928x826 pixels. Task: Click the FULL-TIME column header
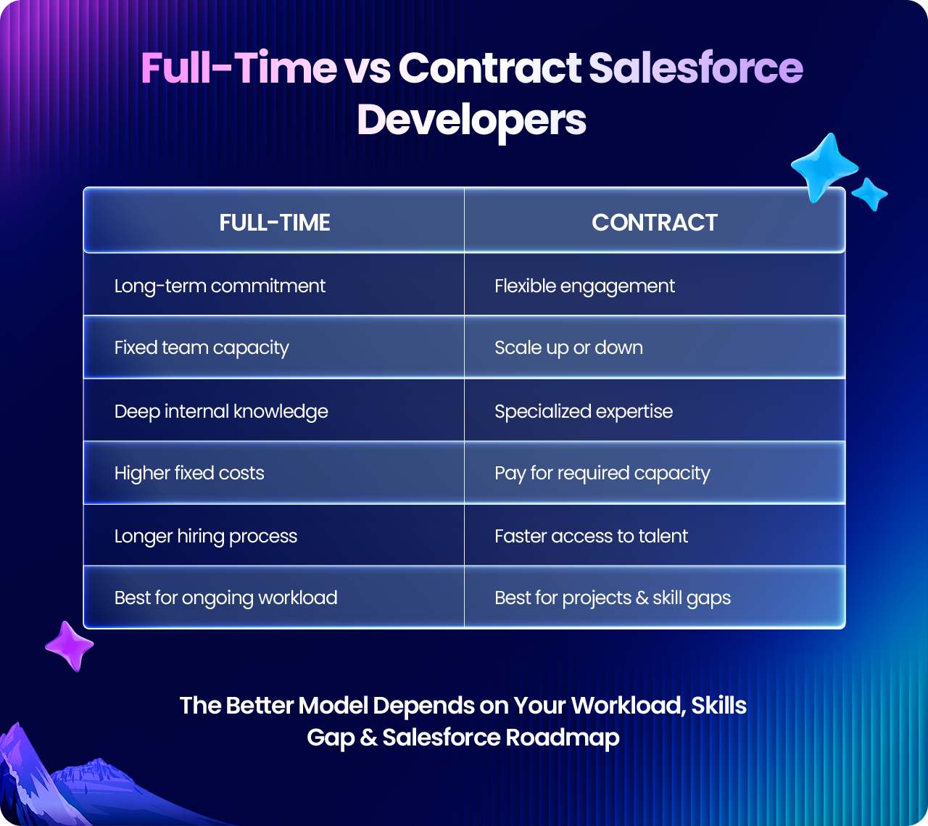click(274, 223)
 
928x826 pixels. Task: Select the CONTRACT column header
click(655, 223)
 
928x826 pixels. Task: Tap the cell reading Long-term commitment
click(274, 284)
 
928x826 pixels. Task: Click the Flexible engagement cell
click(655, 284)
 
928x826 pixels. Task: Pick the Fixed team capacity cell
click(274, 347)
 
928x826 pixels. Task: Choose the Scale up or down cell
click(655, 347)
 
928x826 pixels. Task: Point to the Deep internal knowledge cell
click(274, 410)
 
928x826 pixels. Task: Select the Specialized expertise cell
click(655, 410)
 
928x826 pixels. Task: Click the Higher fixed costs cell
click(274, 473)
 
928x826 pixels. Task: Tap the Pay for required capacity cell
click(655, 473)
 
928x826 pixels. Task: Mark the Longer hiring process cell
click(274, 535)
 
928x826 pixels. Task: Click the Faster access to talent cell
click(655, 535)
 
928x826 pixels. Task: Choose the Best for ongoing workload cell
click(274, 598)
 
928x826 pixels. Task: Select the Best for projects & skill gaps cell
click(655, 598)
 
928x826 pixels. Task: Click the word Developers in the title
click(472, 121)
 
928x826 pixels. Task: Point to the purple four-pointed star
click(69, 646)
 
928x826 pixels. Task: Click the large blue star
click(824, 168)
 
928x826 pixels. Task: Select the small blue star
click(870, 194)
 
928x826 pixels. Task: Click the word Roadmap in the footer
click(563, 738)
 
